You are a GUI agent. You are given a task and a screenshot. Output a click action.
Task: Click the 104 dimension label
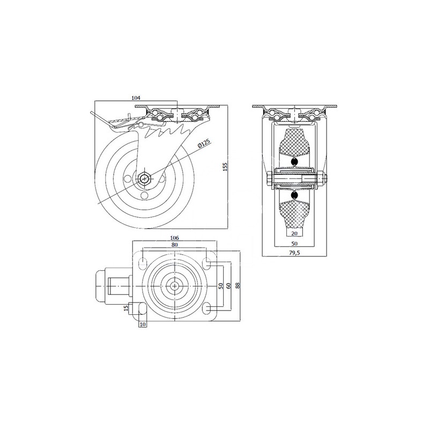[136, 98]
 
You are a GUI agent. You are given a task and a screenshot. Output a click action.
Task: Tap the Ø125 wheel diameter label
[204, 144]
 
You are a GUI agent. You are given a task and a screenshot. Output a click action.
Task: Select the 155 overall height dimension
[225, 167]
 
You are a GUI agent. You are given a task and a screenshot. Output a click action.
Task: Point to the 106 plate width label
[174, 238]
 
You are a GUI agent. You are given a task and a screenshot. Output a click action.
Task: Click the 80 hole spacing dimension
[175, 245]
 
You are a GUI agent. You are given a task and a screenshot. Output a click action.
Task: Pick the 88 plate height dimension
[238, 285]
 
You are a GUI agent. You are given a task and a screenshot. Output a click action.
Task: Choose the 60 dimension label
[229, 286]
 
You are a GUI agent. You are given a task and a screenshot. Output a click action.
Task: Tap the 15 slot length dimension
[126, 308]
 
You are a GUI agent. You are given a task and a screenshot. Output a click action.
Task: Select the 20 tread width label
[294, 233]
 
